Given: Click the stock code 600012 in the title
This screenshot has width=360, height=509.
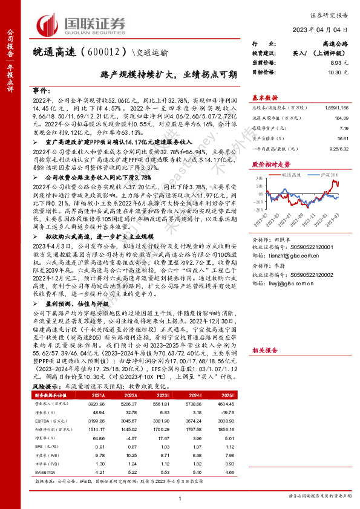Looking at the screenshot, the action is point(95,52).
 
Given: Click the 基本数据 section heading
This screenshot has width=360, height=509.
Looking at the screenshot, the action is point(265,97).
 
